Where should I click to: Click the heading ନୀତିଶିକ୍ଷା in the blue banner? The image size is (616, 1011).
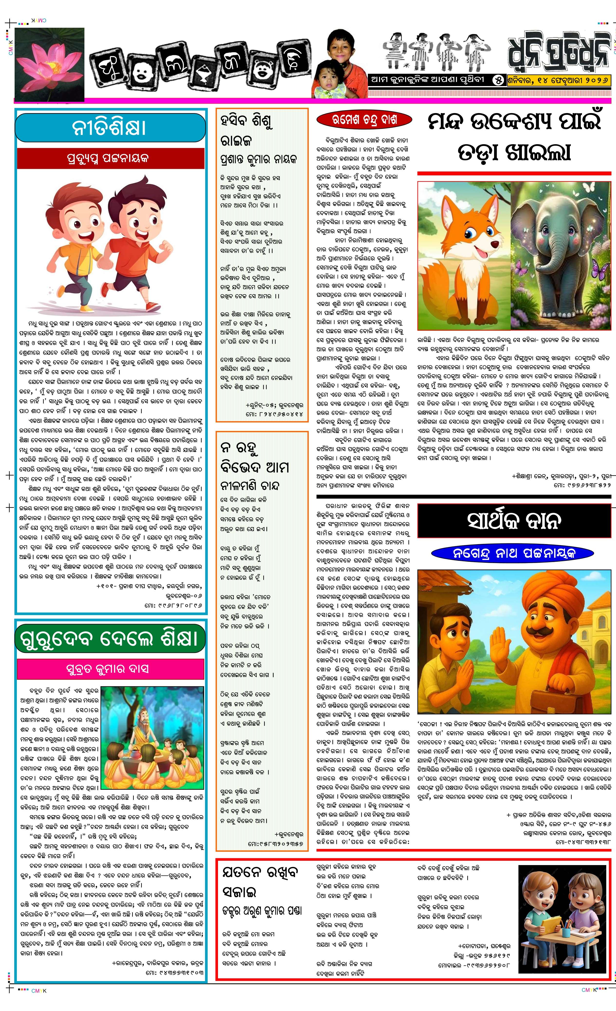click(109, 128)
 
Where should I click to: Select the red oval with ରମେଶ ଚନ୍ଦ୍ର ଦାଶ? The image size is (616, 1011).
click(364, 120)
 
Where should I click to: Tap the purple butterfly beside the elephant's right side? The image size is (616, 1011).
click(600, 271)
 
